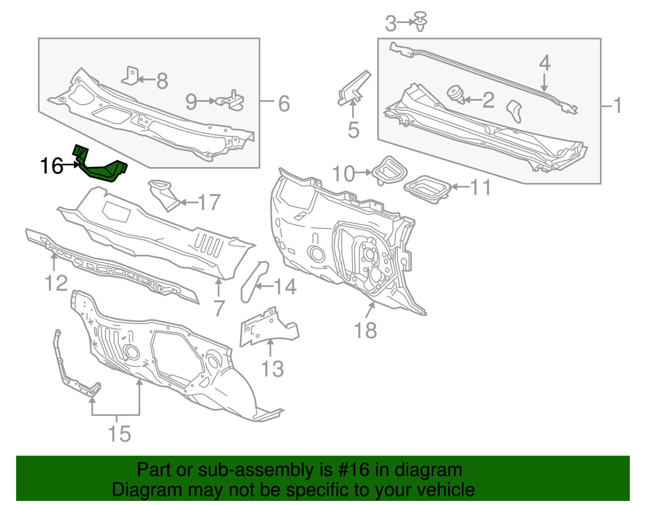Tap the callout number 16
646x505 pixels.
(52, 166)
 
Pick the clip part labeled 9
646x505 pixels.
(231, 100)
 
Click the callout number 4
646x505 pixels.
(545, 63)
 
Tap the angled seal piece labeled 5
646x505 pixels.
(354, 88)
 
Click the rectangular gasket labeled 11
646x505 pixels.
(427, 188)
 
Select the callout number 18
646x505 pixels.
(365, 330)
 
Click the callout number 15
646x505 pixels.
(120, 434)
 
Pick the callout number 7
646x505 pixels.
(218, 308)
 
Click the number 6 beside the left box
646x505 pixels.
(284, 104)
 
